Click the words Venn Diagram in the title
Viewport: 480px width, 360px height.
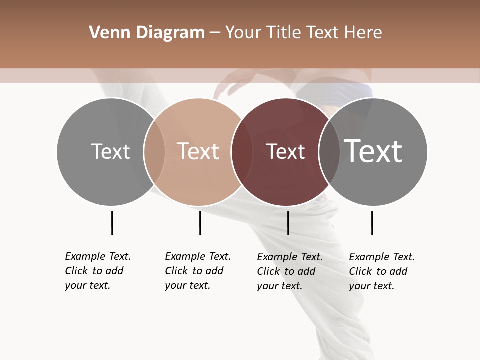(x=147, y=33)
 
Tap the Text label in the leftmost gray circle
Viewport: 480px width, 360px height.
(x=110, y=151)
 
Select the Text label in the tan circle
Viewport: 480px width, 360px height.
(x=198, y=151)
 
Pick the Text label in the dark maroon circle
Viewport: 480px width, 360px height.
(x=285, y=151)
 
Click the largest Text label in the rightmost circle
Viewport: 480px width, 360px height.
(x=373, y=151)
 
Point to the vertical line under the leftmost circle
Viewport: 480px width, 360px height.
(x=112, y=223)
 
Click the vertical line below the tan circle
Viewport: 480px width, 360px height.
(x=200, y=223)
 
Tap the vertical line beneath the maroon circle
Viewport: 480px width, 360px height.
(x=288, y=223)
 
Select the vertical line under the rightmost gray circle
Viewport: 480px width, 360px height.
(x=372, y=223)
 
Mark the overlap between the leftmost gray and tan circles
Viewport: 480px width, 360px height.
(x=154, y=151)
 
